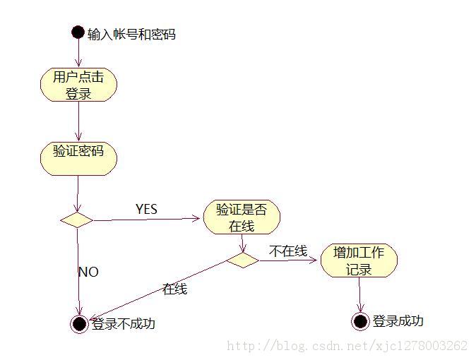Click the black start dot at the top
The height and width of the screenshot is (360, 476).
click(x=78, y=32)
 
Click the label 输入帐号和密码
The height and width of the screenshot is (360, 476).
click(x=131, y=33)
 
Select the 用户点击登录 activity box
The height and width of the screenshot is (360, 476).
click(x=78, y=84)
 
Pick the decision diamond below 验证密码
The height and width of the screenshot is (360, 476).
click(x=77, y=220)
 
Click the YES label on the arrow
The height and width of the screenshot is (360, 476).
click(x=146, y=209)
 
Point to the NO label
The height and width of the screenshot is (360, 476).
click(x=88, y=272)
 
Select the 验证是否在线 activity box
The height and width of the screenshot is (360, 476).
click(x=241, y=217)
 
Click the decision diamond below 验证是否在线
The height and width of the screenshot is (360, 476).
click(x=242, y=260)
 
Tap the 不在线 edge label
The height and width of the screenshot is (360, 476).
click(x=287, y=251)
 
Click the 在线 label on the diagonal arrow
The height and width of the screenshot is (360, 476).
click(x=174, y=289)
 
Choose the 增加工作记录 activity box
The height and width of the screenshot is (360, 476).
click(x=359, y=260)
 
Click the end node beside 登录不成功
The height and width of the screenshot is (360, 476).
click(x=79, y=324)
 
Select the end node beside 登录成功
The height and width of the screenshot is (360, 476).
click(x=360, y=321)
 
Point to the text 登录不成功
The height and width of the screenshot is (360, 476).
click(x=123, y=324)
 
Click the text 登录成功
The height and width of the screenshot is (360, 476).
click(x=398, y=321)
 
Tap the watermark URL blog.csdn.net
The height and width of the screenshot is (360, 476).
click(x=346, y=346)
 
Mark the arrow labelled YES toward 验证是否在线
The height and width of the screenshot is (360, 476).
click(x=147, y=220)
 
